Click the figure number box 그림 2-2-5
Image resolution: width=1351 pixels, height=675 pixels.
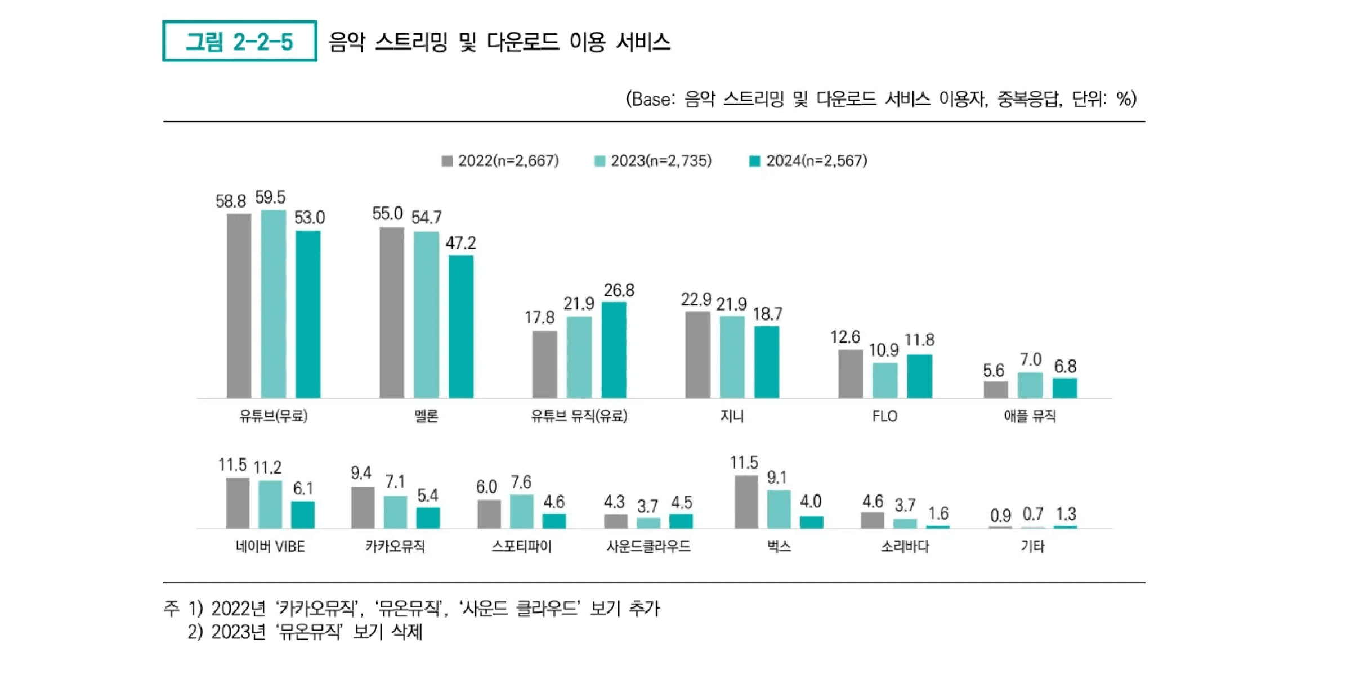239,41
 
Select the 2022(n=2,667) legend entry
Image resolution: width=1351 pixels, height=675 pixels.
500,161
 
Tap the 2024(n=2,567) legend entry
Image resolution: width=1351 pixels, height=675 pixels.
808,161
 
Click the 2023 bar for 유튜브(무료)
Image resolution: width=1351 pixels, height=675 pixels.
274,304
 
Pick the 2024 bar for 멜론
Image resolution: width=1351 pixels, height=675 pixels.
460,327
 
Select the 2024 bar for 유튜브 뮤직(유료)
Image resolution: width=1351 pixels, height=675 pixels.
614,350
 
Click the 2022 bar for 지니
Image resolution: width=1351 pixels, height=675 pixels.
697,355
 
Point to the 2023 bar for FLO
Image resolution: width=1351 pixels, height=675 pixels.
885,381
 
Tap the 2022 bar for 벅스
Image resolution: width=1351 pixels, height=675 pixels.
746,502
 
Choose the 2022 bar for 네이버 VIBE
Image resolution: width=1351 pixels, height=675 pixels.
238,503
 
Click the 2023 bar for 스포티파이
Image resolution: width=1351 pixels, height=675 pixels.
522,511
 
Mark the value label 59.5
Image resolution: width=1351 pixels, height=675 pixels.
270,197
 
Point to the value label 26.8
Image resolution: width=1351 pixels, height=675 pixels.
619,290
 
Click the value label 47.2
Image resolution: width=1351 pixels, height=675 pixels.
460,242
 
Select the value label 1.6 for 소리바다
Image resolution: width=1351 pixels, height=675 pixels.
938,513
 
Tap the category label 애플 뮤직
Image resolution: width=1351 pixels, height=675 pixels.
1030,416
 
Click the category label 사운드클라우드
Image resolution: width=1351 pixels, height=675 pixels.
648,546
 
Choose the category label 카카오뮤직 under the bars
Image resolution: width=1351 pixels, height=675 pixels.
395,546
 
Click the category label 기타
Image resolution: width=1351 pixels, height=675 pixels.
1032,546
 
